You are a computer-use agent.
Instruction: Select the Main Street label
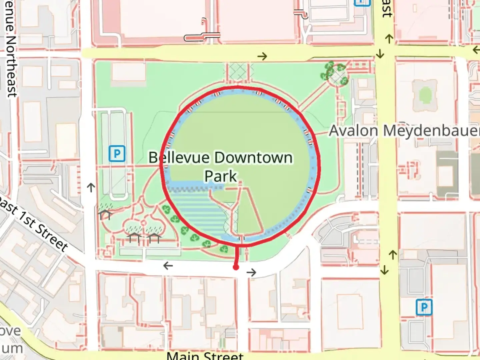pos(205,355)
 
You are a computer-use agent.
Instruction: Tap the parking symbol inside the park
pos(117,154)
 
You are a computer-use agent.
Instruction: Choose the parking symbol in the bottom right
pos(424,307)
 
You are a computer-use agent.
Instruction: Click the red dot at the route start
pos(236,267)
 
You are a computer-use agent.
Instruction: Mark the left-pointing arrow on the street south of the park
pos(168,266)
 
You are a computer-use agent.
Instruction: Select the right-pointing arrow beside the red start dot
pos(251,273)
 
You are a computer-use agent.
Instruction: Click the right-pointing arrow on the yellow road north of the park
pos(262,56)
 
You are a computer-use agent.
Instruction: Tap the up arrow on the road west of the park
pos(91,187)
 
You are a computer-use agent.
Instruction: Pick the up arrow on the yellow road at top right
pos(389,39)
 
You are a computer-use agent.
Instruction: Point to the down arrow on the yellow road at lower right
pos(385,270)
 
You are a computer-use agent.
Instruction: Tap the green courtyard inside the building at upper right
pos(425,95)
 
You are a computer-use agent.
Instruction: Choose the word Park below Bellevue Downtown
pos(220,176)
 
